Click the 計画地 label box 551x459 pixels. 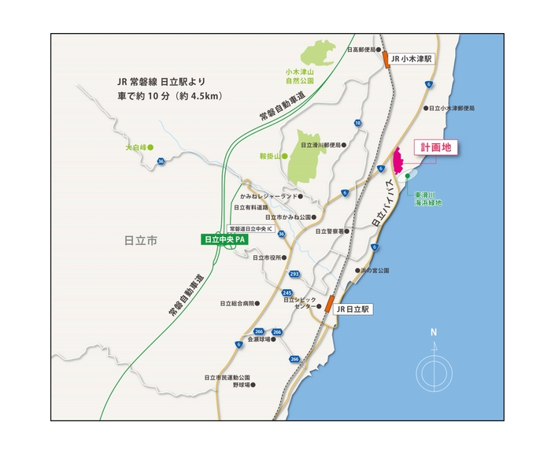tap(435, 148)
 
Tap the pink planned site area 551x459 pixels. tap(398, 161)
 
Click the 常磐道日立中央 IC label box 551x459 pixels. tap(247, 228)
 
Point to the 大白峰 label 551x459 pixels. tap(136, 146)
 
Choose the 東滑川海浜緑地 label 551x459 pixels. tap(428, 198)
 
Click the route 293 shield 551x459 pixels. tap(294, 274)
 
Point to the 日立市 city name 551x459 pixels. tap(139, 241)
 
